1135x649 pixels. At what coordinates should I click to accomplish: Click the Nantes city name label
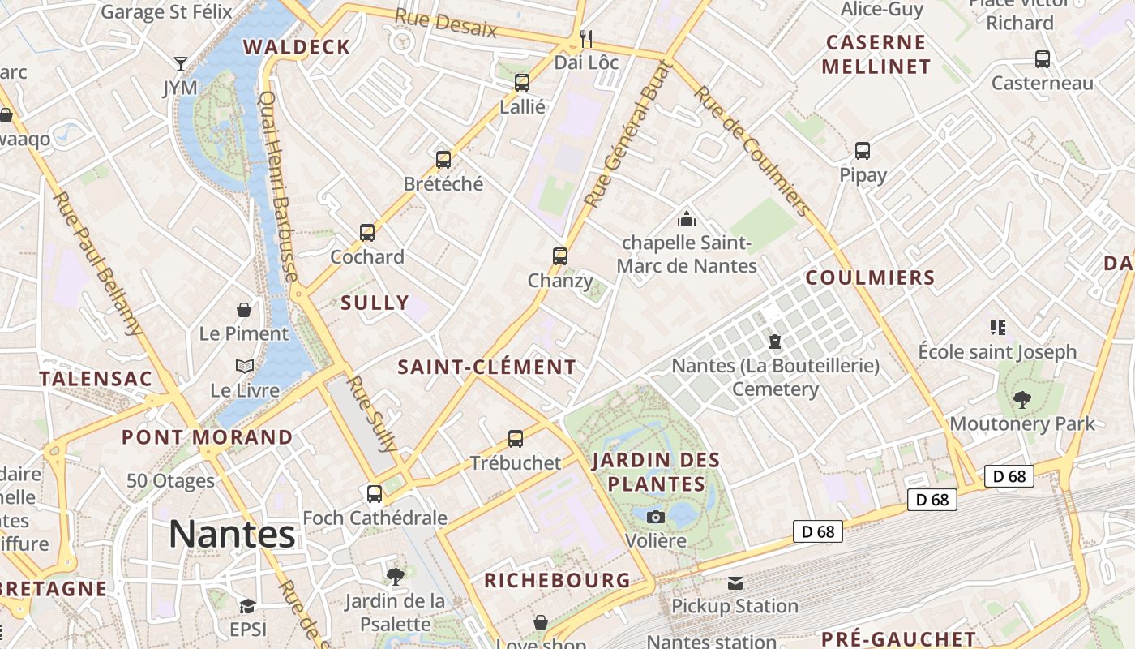pyautogui.click(x=232, y=534)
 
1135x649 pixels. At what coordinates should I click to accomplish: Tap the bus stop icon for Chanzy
pyautogui.click(x=559, y=256)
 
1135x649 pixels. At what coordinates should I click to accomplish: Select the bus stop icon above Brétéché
pyautogui.click(x=443, y=159)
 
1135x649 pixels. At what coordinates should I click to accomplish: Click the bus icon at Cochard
pyautogui.click(x=367, y=233)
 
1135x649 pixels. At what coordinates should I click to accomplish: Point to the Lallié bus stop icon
pyautogui.click(x=522, y=82)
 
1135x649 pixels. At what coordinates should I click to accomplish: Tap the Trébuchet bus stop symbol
pyautogui.click(x=516, y=439)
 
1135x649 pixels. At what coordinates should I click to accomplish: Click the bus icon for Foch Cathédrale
pyautogui.click(x=375, y=493)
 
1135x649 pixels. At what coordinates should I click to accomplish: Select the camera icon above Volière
pyautogui.click(x=655, y=517)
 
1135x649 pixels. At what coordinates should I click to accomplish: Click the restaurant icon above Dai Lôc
pyautogui.click(x=586, y=38)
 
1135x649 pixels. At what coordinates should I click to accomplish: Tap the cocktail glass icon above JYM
pyautogui.click(x=180, y=63)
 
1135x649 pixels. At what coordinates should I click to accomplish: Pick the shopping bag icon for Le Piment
pyautogui.click(x=243, y=310)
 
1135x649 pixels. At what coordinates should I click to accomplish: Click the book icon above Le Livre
pyautogui.click(x=245, y=367)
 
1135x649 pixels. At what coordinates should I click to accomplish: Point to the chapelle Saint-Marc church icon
pyautogui.click(x=687, y=218)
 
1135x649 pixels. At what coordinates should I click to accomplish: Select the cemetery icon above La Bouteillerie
pyautogui.click(x=775, y=342)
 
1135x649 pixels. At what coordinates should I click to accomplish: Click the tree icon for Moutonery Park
pyautogui.click(x=1022, y=399)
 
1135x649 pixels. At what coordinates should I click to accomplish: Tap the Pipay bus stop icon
pyautogui.click(x=863, y=151)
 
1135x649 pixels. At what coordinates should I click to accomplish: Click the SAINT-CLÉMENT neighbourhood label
pyautogui.click(x=486, y=367)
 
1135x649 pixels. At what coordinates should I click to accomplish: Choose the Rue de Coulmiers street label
pyautogui.click(x=753, y=151)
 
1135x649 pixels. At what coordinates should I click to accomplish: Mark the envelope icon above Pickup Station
pyautogui.click(x=735, y=582)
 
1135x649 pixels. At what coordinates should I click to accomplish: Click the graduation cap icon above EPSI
pyautogui.click(x=247, y=606)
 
